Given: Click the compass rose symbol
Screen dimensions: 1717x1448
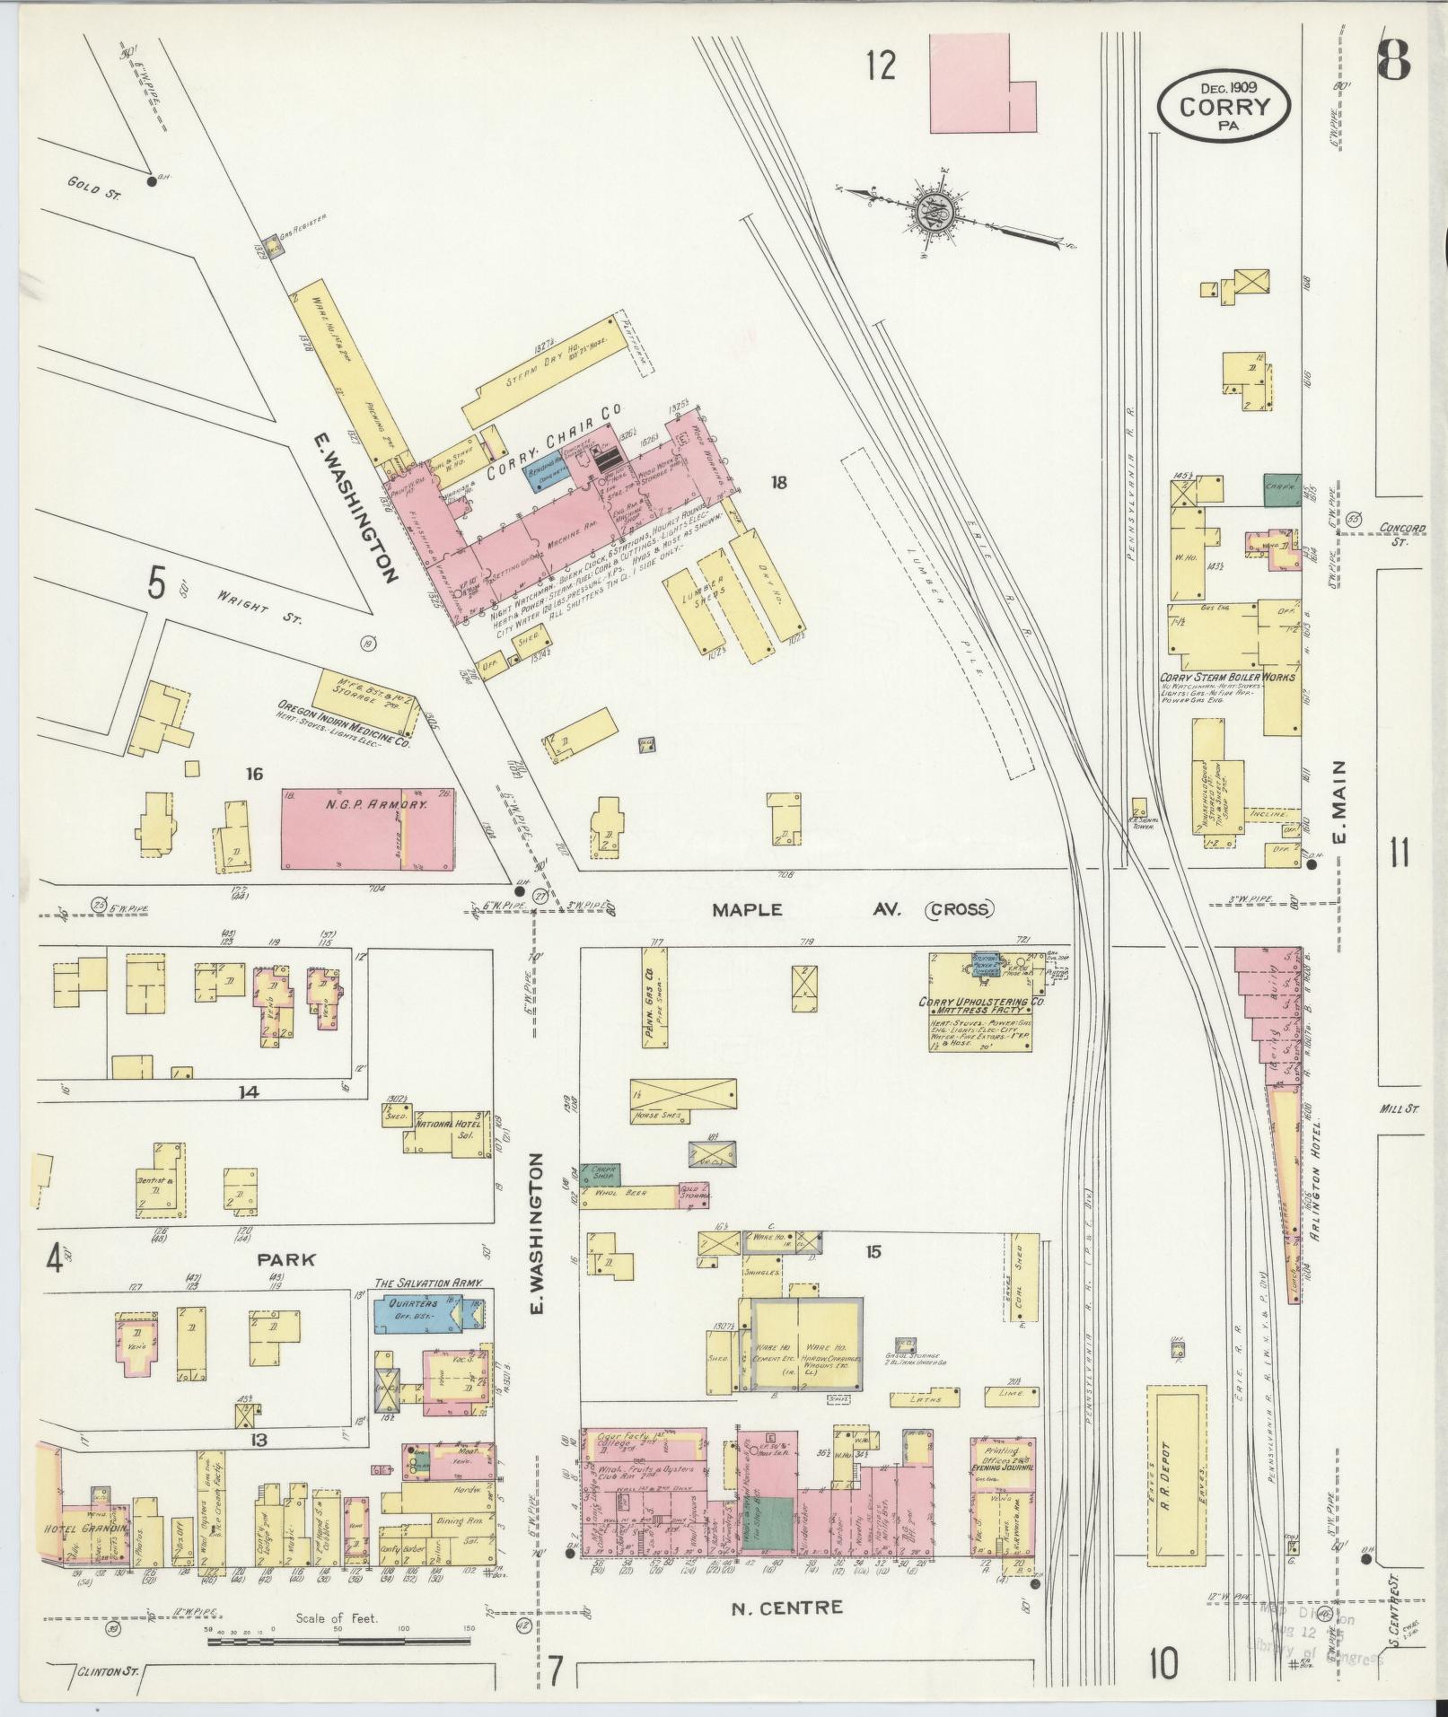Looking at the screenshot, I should point(950,215).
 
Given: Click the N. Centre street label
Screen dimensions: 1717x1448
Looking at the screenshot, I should point(787,1607).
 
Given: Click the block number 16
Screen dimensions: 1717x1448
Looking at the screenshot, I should point(254,773).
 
